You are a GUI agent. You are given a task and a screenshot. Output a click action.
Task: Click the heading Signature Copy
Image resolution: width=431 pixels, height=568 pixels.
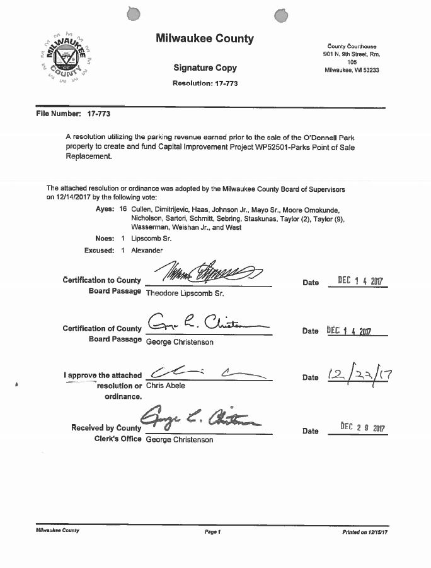click(x=205, y=68)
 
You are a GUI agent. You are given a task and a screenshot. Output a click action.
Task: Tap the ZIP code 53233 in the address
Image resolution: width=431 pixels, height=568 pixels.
click(x=369, y=70)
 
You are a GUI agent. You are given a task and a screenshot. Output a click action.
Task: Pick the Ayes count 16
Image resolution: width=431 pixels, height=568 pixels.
click(x=123, y=208)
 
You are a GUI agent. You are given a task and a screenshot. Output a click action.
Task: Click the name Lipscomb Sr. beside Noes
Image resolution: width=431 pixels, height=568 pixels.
click(x=151, y=239)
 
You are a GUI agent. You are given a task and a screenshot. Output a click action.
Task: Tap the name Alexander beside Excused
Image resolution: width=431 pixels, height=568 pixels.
click(x=146, y=251)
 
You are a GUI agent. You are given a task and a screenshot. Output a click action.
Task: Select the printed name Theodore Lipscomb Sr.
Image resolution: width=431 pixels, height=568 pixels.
click(x=186, y=293)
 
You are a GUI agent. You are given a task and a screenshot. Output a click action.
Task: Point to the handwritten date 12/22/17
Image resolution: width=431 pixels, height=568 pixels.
click(x=360, y=376)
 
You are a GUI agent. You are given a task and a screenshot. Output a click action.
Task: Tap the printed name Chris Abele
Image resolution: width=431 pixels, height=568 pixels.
click(x=166, y=386)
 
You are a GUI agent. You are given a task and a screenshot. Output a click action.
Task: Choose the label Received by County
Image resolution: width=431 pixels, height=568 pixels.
click(x=106, y=428)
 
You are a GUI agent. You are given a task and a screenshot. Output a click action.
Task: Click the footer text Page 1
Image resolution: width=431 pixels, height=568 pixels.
click(x=212, y=531)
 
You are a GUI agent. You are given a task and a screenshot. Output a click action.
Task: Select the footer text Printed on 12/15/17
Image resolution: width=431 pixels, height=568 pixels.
click(x=365, y=531)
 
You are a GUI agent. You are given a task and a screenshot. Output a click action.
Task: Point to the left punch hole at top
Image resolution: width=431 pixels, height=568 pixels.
click(x=132, y=14)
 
